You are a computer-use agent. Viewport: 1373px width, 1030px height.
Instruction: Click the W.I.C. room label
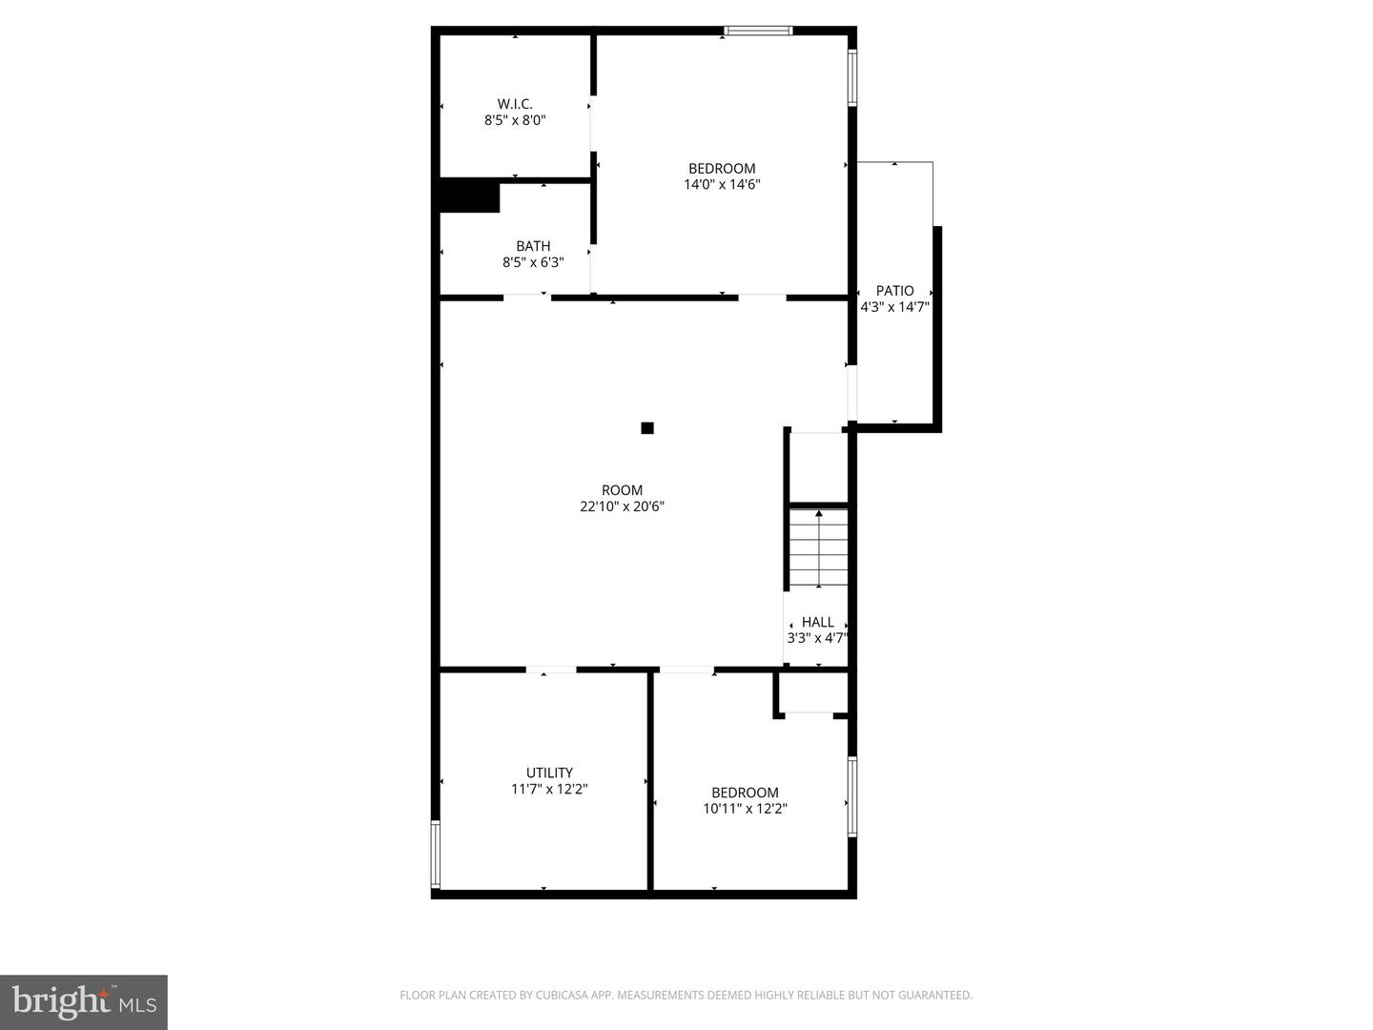515,104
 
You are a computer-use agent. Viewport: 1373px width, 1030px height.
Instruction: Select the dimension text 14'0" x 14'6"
722,185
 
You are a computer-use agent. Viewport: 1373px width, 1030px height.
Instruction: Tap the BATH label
533,246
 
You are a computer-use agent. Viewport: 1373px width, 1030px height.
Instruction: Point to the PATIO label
894,291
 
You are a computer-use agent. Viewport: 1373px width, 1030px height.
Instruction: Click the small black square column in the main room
647,428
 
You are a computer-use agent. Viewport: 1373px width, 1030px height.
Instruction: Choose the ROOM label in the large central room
622,490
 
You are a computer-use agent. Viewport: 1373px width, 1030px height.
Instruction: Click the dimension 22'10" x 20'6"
622,507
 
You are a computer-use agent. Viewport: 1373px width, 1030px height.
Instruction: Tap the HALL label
817,622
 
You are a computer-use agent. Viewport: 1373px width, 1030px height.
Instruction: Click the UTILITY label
549,772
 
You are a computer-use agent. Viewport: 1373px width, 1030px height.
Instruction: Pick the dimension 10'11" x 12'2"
745,809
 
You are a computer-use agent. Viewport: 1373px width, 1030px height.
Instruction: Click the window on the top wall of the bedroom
758,31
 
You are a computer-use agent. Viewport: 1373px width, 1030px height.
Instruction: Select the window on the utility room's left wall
436,855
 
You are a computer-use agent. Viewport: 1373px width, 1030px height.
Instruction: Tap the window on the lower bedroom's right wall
852,797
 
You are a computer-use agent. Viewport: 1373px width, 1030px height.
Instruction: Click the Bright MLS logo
84,1001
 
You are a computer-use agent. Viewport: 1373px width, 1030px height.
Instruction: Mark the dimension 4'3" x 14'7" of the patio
894,307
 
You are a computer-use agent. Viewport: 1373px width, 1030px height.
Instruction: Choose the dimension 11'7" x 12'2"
549,790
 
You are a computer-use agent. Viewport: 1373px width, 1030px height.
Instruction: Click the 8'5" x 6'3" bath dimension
533,262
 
